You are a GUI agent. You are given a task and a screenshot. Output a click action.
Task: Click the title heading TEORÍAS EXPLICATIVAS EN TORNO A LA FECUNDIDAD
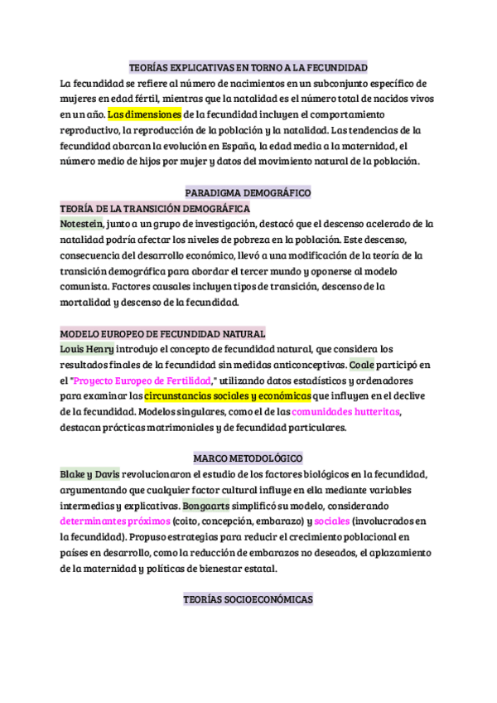pyautogui.click(x=248, y=67)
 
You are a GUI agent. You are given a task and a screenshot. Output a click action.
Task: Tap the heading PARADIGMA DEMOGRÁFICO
pyautogui.click(x=248, y=192)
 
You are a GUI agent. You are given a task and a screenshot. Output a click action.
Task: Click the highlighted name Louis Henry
pyautogui.click(x=87, y=348)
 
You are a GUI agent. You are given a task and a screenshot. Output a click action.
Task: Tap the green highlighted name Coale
pyautogui.click(x=362, y=364)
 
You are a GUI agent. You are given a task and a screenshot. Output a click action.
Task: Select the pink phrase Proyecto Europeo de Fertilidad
pyautogui.click(x=143, y=380)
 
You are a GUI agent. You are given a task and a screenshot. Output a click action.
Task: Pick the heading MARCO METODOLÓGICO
pyautogui.click(x=248, y=458)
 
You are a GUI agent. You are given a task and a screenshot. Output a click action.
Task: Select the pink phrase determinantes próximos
pyautogui.click(x=114, y=521)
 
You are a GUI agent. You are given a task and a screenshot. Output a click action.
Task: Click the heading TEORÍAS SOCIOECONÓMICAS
pyautogui.click(x=248, y=599)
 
